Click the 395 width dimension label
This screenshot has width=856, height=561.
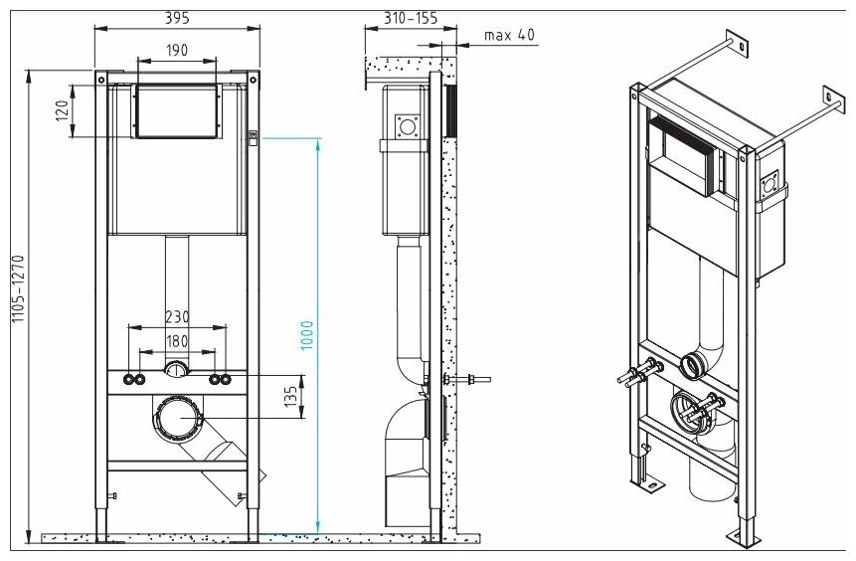(176, 17)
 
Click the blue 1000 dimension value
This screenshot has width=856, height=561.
(307, 333)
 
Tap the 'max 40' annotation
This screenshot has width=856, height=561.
(510, 35)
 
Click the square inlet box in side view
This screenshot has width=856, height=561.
(406, 127)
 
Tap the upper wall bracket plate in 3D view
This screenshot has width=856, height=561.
(737, 41)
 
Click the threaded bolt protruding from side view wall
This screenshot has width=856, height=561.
(475, 378)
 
